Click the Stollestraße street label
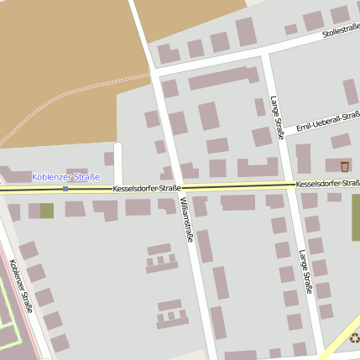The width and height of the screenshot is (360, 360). click(340, 33)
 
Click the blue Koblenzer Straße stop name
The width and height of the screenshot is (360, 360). click(65, 177)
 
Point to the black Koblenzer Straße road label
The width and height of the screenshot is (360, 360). click(22, 285)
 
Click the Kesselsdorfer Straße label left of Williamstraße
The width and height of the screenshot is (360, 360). click(147, 189)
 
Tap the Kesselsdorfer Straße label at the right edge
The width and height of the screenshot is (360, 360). click(327, 183)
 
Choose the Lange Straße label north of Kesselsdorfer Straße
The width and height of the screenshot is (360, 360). click(278, 117)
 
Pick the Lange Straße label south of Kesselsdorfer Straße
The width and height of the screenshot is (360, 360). click(305, 272)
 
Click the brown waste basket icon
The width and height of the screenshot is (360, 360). click(345, 166)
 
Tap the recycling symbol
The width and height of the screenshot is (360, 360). click(354, 338)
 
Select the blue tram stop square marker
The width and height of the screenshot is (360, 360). click(65, 189)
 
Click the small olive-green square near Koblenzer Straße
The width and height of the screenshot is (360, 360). click(46, 210)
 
